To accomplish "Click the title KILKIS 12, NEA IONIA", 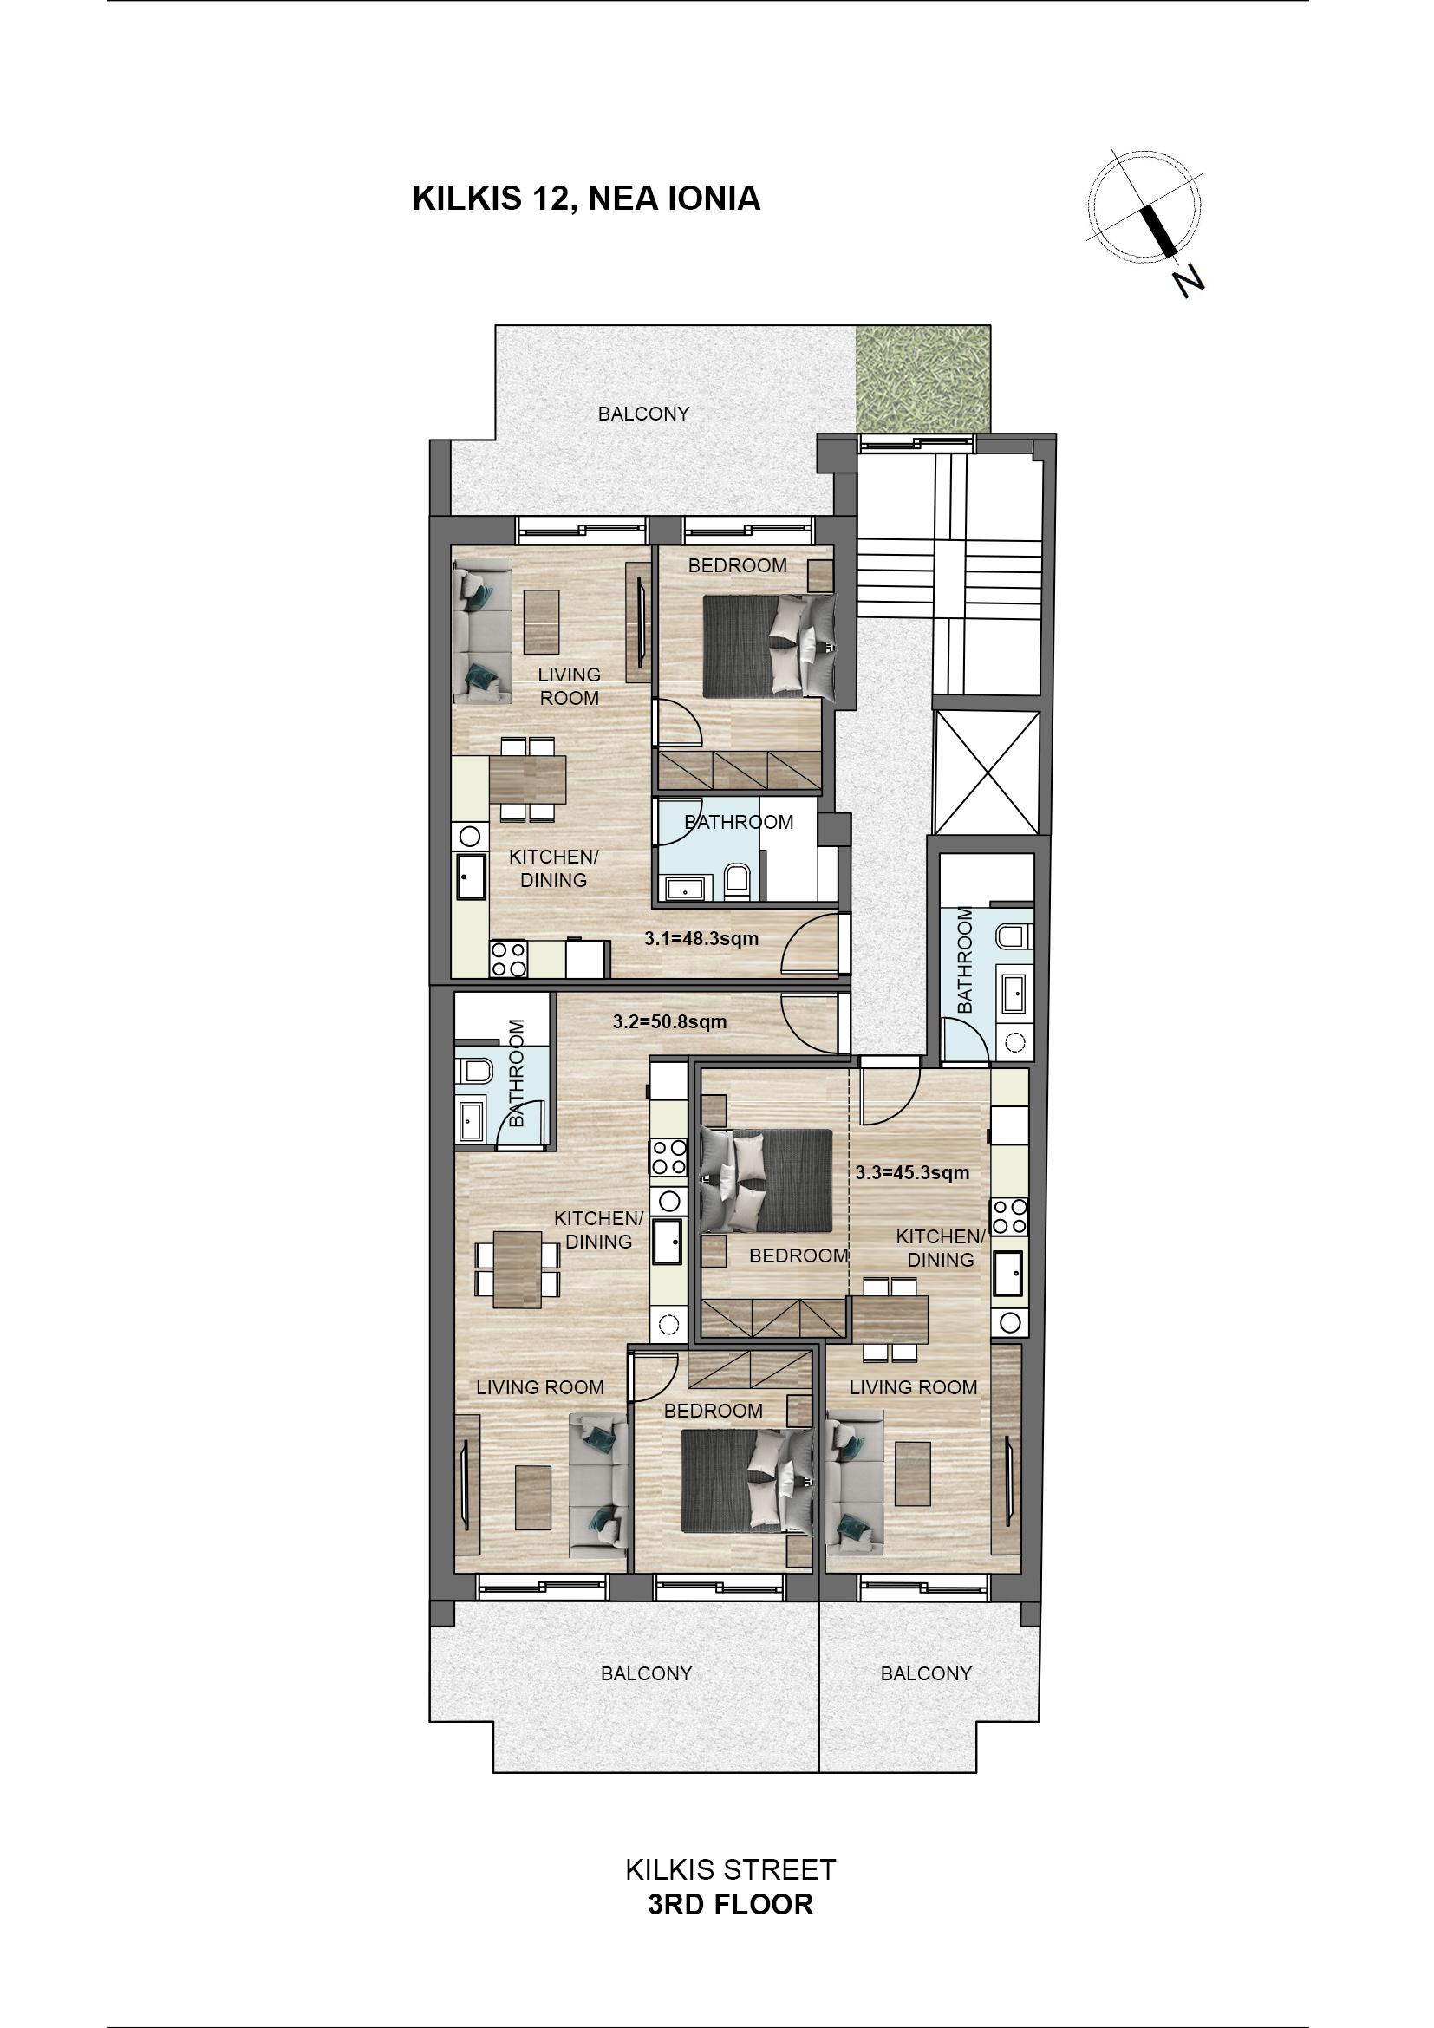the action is [x=586, y=199].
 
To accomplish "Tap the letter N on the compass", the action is [x=1190, y=280].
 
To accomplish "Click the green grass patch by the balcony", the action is [x=922, y=380].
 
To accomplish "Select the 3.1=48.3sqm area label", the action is [x=701, y=939].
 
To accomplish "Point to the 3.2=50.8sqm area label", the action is [x=670, y=1022].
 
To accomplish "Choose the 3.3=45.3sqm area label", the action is [x=912, y=1173].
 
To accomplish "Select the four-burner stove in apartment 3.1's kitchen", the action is [x=509, y=959].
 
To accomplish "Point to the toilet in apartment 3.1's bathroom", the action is [x=735, y=882].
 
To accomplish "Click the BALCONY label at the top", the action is [x=643, y=414].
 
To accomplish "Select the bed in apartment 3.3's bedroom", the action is [x=766, y=1180].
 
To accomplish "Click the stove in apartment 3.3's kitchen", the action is [x=1009, y=1216].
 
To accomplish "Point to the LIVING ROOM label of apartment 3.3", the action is [x=913, y=1387].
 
